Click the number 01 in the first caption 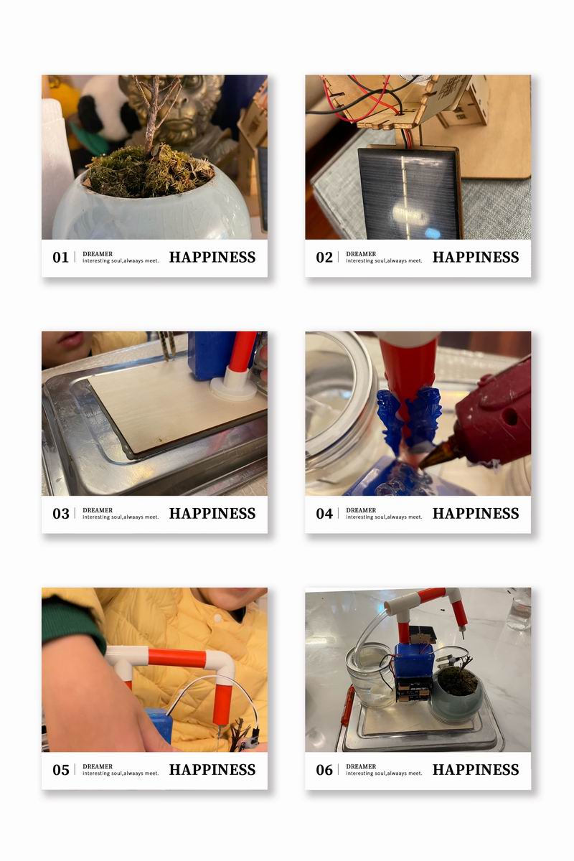tap(60, 257)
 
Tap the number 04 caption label tap(324, 514)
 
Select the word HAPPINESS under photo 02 tap(476, 257)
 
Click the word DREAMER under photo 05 tap(98, 766)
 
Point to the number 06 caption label tap(324, 770)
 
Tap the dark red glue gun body tap(496, 415)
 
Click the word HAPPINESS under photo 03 tap(212, 514)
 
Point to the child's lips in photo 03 tap(70, 339)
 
